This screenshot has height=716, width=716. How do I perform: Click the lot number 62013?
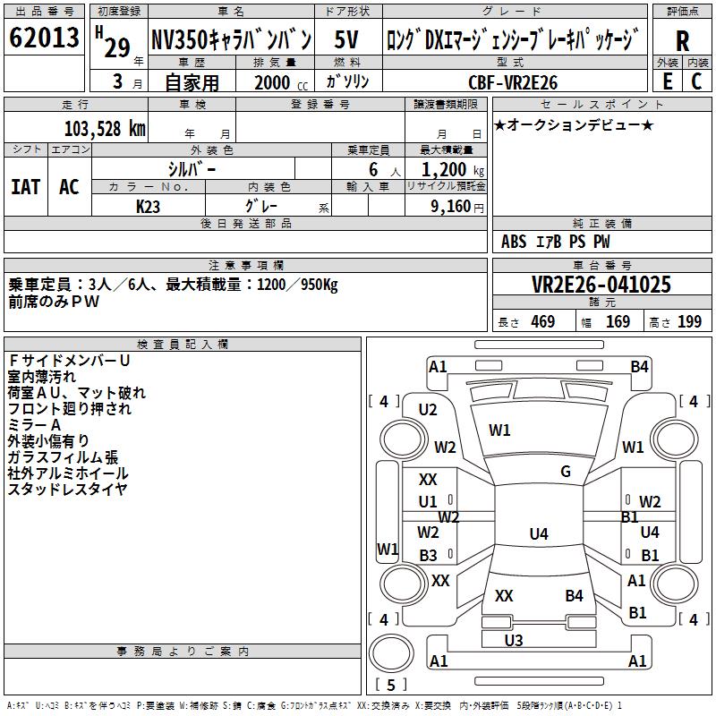coord(44,39)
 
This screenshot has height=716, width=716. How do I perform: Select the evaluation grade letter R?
coord(682,41)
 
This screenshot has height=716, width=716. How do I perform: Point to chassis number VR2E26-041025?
coord(601,286)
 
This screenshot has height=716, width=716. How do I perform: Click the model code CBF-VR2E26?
coord(513,82)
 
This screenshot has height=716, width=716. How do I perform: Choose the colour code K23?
coord(149,206)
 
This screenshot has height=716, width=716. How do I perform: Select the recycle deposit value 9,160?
coord(445,206)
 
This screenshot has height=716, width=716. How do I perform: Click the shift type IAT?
coord(25,186)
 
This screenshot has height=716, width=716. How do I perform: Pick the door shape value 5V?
coord(347,39)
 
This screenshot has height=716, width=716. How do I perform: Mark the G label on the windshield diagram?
coord(566,471)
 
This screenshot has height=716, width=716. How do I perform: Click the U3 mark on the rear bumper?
coord(513,640)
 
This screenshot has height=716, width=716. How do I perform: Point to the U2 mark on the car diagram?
coord(428,410)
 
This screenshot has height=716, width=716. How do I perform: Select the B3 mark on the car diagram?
coord(429,556)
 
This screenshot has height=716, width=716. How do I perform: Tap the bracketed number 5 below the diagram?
coord(392,685)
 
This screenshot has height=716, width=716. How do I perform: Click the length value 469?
coord(542,322)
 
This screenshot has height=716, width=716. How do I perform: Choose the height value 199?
coord(689,322)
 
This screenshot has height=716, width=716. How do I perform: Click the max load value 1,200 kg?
coord(446,168)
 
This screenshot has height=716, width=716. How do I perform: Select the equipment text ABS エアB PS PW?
coord(556,241)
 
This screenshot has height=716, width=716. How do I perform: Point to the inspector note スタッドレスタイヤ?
coord(68,489)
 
